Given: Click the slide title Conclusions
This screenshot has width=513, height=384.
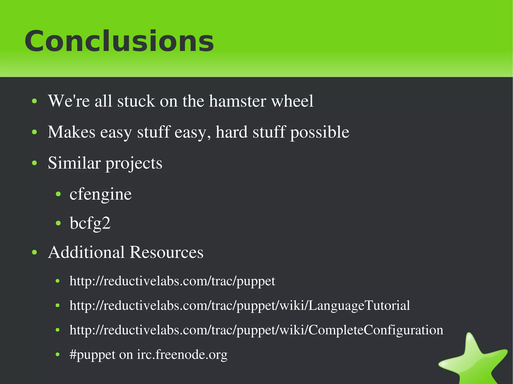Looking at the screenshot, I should pos(119,41).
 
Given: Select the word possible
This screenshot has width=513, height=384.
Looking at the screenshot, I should pos(320,132).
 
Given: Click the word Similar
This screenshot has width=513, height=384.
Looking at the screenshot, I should pos(74,163).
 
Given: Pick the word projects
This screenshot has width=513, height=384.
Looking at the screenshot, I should pos(134,164).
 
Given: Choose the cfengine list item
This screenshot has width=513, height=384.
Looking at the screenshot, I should pos(100,194).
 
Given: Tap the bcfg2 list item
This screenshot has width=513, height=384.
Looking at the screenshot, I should pos(90,223).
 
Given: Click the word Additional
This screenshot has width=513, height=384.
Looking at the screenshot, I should pos(86,252).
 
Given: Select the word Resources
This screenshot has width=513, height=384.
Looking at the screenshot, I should pos(167,252).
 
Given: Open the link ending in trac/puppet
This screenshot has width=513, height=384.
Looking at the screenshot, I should pos(172,281).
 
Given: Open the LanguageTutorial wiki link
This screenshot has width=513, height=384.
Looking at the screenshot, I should pos(240,305).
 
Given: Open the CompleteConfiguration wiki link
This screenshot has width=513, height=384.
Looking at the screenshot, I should pos(256,330).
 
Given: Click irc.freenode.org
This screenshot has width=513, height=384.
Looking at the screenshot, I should pos(182,354).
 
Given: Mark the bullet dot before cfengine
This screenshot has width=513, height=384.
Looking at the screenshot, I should pos(58,194).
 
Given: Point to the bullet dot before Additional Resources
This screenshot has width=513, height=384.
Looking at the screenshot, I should pos(35,252).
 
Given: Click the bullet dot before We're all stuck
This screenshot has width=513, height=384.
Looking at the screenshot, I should pos(35,101).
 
